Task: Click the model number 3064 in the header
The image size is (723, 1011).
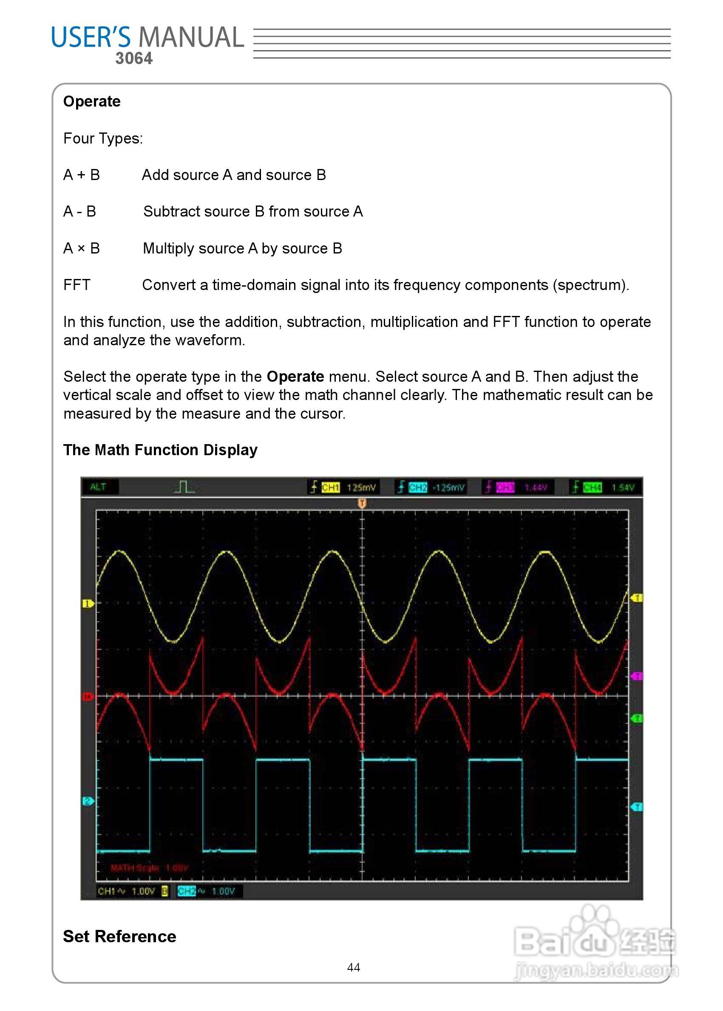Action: click(133, 58)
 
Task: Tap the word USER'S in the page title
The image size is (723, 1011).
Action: click(91, 37)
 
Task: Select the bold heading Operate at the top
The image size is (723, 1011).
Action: click(92, 101)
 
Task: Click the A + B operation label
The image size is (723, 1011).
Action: click(82, 175)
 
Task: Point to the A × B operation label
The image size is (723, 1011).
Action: click(82, 248)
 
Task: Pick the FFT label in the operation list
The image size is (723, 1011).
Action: click(77, 284)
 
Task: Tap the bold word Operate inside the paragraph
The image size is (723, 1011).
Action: click(295, 377)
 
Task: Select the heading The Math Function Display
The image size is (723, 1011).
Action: click(160, 450)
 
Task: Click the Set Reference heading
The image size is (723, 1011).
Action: click(119, 936)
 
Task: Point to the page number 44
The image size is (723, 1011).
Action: click(354, 967)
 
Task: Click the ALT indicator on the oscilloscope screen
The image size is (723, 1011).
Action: click(98, 487)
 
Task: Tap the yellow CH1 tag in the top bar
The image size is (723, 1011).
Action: click(330, 487)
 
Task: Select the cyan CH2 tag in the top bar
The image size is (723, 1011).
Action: click(417, 487)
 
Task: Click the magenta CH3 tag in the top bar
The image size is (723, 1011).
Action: click(505, 487)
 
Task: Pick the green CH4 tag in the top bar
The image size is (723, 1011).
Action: click(592, 487)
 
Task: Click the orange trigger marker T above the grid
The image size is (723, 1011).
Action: click(362, 503)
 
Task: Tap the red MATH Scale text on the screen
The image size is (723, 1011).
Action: click(149, 867)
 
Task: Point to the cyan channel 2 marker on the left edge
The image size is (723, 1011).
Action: click(88, 801)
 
